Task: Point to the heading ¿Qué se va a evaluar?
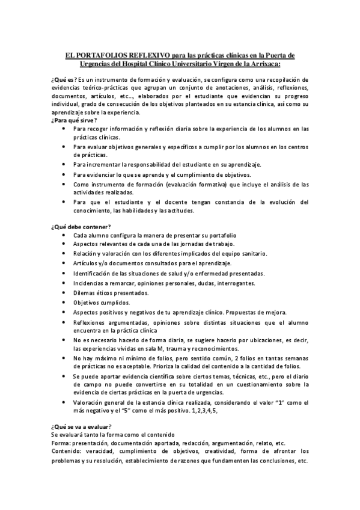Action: coord(78,426)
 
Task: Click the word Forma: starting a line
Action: coord(61,442)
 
